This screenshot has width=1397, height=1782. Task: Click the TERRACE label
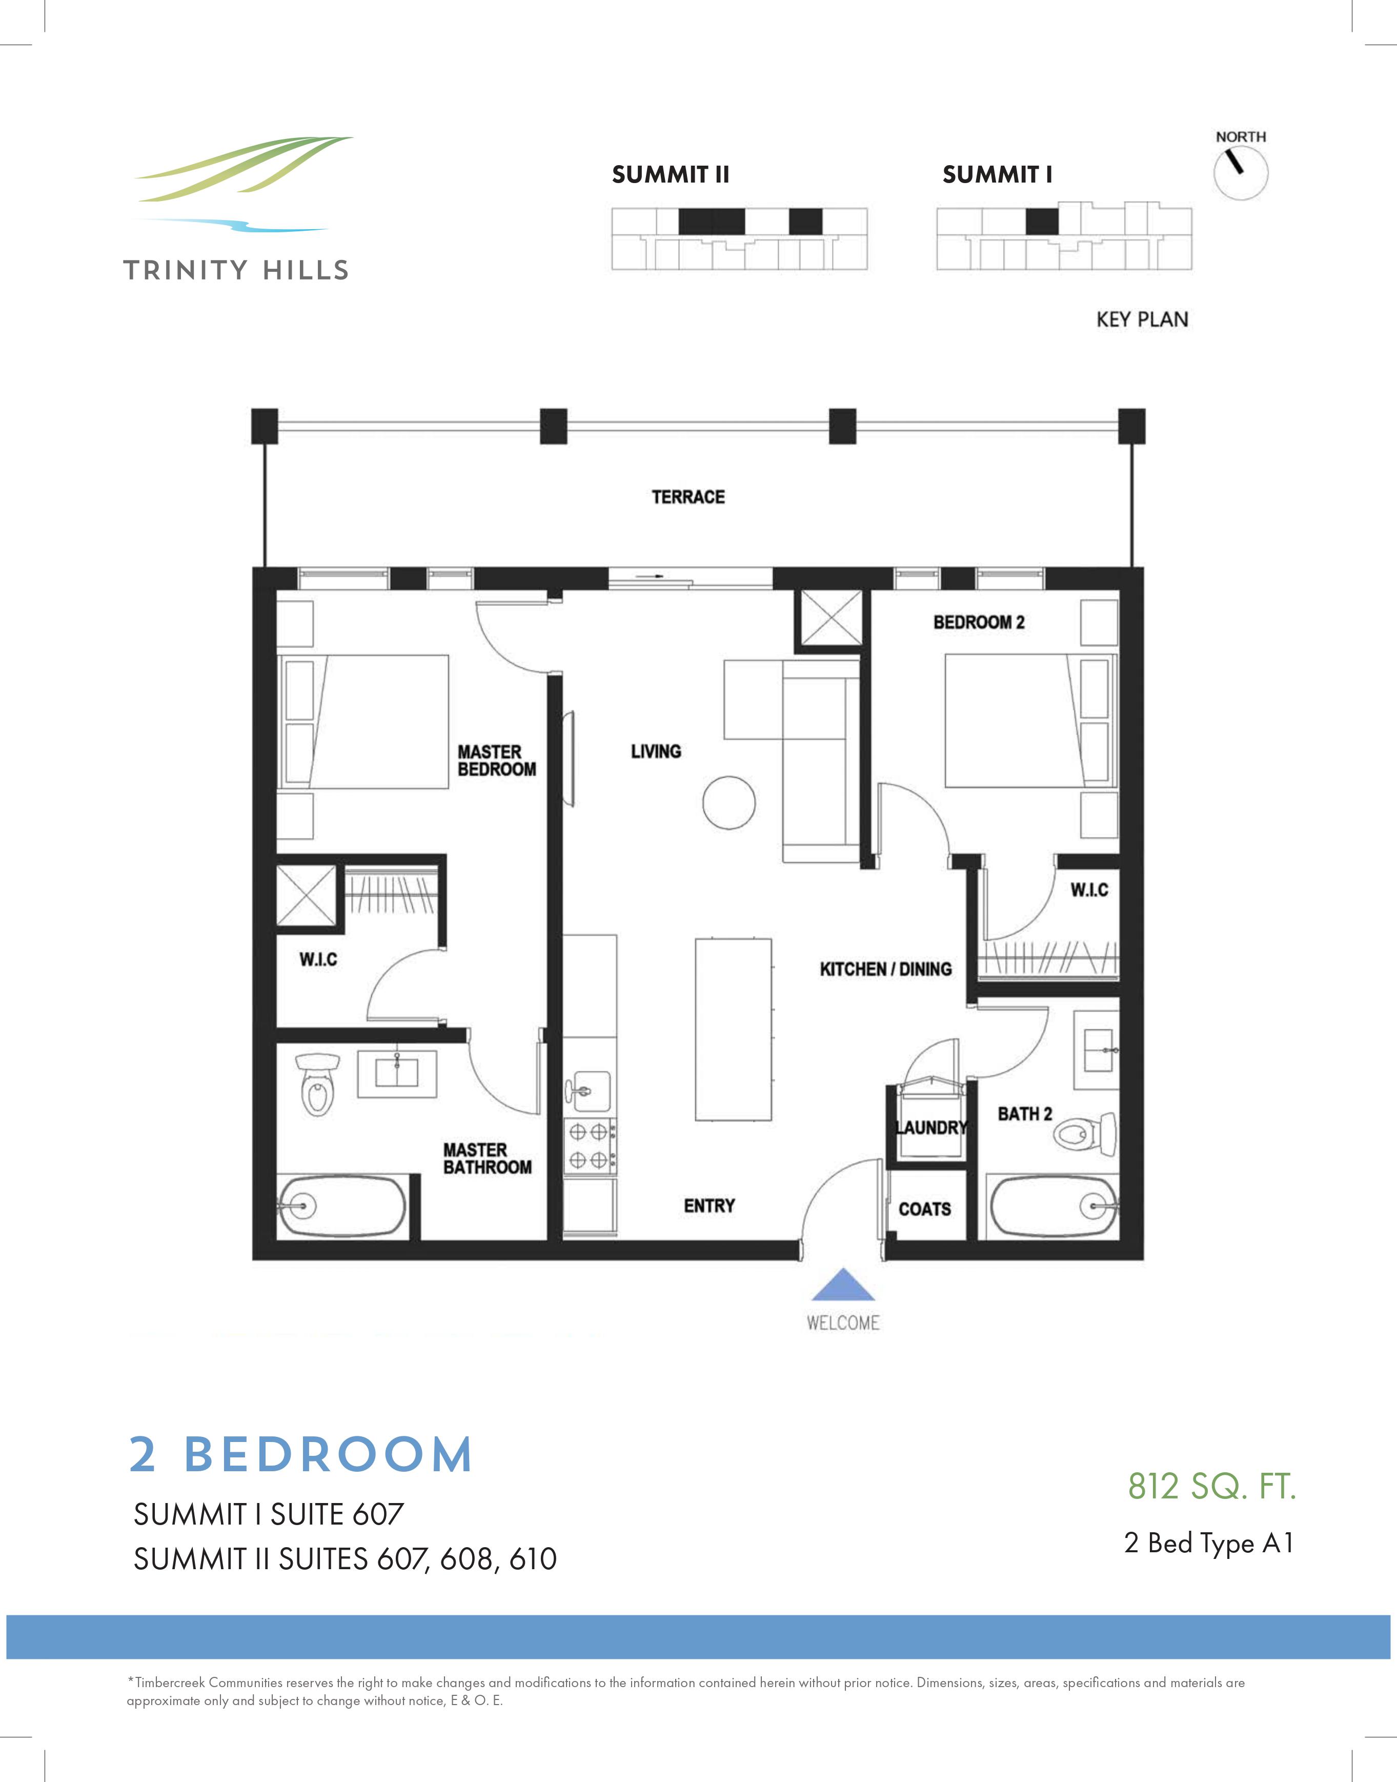pyautogui.click(x=688, y=496)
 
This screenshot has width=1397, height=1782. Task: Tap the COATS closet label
pyautogui.click(x=924, y=1209)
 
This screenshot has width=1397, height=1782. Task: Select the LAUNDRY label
pyautogui.click(x=931, y=1128)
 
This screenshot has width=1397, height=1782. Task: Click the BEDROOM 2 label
pyautogui.click(x=978, y=622)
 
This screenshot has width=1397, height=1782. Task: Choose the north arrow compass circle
pyautogui.click(x=1241, y=173)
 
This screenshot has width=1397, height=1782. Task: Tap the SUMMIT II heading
pyautogui.click(x=670, y=174)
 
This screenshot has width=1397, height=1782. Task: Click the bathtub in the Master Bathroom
pyautogui.click(x=342, y=1205)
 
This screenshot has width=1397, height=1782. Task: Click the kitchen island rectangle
pyautogui.click(x=733, y=1029)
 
